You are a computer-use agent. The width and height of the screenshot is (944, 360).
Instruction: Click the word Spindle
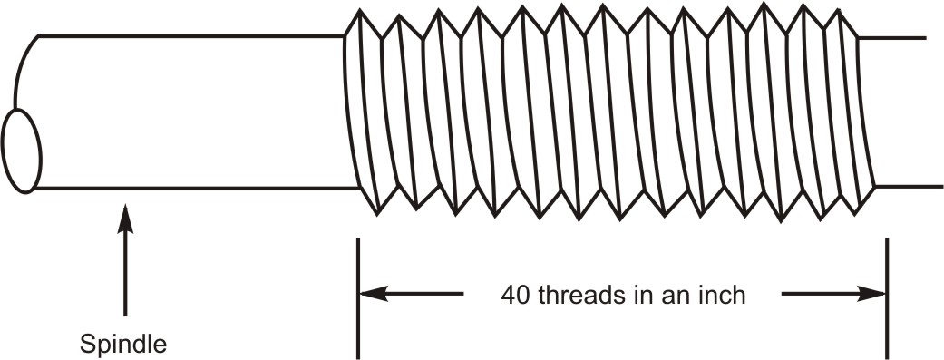click(x=122, y=345)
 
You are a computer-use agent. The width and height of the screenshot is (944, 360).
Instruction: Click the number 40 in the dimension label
click(x=514, y=295)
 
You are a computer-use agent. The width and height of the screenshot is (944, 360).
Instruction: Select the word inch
click(x=722, y=295)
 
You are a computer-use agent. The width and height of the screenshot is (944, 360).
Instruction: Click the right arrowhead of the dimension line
click(x=872, y=294)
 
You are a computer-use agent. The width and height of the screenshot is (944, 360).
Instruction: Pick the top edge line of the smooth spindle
click(x=190, y=35)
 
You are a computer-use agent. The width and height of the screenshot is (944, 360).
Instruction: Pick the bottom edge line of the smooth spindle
click(x=190, y=189)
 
